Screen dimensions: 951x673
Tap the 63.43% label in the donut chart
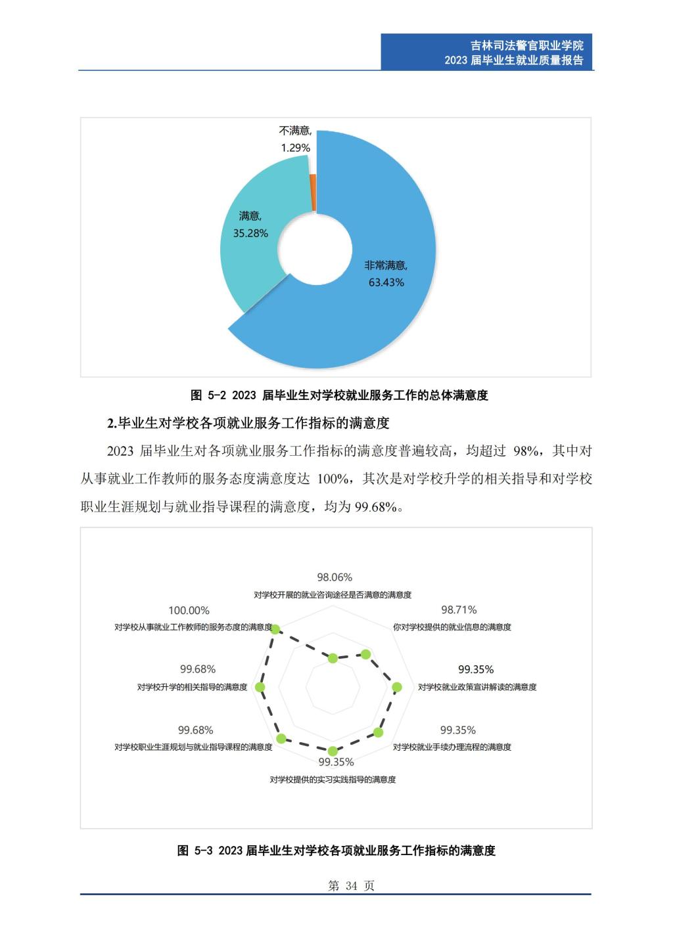(386, 282)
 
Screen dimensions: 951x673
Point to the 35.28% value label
(250, 233)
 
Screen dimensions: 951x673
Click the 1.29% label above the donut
(295, 148)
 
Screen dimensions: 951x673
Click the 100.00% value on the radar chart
(189, 611)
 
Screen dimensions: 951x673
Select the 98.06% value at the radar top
(335, 577)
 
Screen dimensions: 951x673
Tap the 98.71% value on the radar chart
(459, 610)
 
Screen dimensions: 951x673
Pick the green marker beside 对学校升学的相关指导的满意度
(260, 688)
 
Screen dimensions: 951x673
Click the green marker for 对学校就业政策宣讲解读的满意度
(396, 688)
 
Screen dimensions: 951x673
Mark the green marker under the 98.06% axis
(333, 658)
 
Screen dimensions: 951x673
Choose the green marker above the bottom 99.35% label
(333, 751)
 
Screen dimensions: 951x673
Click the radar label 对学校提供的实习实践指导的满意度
(333, 780)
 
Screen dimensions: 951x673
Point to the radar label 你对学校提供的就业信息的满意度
(452, 627)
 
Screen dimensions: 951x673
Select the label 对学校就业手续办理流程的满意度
(452, 747)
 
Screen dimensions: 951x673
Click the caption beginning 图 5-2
(339, 395)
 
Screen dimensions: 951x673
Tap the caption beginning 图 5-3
(336, 851)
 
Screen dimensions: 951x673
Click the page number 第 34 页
(351, 886)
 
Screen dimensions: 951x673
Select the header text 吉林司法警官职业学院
(527, 45)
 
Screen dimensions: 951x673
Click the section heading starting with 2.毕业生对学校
(248, 423)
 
